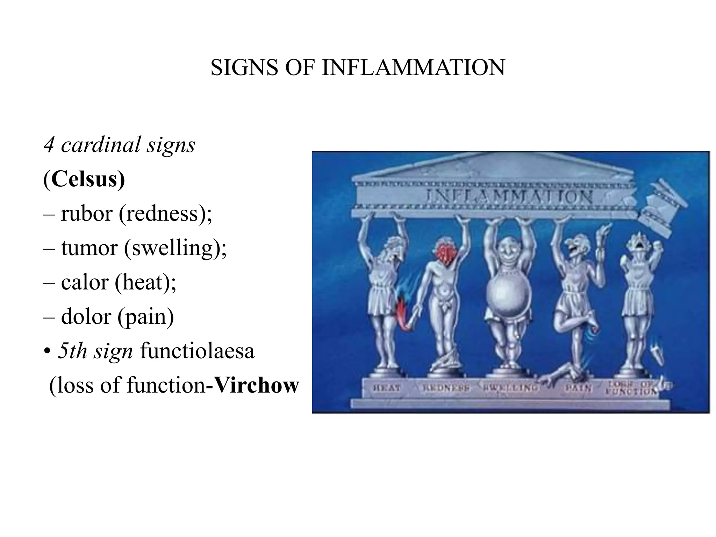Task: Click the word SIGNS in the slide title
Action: coord(245,67)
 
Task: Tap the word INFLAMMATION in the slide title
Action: coord(413,67)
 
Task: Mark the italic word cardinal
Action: coord(100,145)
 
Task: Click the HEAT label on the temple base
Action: coord(386,388)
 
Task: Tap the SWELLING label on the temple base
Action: coord(511,387)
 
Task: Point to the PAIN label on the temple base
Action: coord(578,388)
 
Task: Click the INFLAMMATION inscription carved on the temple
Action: coord(509,197)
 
